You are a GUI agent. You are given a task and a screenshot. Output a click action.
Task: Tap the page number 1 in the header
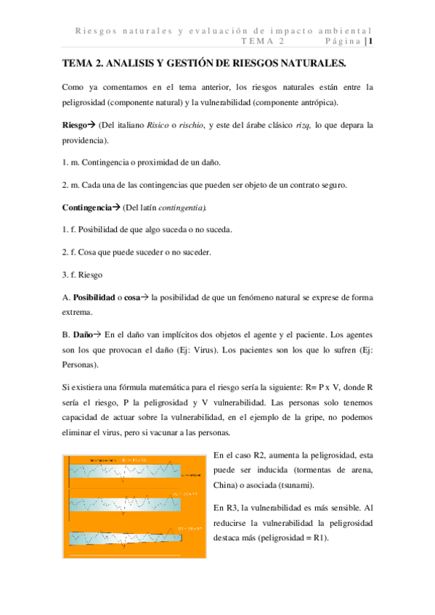tap(370, 41)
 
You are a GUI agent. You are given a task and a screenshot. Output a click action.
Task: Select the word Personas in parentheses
tap(81, 365)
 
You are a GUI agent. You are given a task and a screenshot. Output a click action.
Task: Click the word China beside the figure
tap(225, 485)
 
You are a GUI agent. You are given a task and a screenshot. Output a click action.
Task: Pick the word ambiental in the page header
tap(349, 30)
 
